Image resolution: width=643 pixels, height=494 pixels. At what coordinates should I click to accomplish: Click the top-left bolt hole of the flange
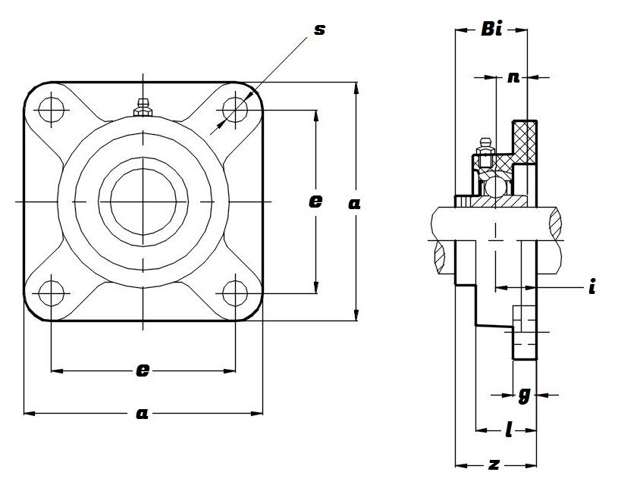click(51, 110)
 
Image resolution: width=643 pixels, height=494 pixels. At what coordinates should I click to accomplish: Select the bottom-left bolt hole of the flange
click(51, 292)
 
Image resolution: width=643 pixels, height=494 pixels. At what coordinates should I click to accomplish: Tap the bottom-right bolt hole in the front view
click(236, 292)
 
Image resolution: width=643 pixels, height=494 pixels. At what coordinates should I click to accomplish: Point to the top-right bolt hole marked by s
click(236, 110)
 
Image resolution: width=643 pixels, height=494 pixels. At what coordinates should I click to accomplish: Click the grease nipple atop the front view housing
click(142, 108)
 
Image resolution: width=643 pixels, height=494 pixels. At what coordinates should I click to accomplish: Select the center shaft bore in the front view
click(143, 201)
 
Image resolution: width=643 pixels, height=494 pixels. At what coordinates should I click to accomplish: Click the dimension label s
click(319, 30)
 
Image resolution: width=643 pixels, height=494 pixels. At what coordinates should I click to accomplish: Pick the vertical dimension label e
click(315, 202)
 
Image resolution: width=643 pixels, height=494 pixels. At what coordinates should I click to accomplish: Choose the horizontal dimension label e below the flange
click(142, 370)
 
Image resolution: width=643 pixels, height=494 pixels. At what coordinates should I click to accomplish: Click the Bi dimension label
click(491, 31)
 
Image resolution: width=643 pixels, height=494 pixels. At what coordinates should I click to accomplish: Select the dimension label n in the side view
click(513, 77)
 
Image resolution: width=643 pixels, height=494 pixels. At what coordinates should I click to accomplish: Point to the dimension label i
click(591, 288)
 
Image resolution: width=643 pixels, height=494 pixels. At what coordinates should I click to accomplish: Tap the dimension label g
click(523, 394)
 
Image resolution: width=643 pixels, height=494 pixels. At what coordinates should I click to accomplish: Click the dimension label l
click(508, 430)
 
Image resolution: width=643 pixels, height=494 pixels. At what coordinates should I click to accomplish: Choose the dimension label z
click(494, 464)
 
